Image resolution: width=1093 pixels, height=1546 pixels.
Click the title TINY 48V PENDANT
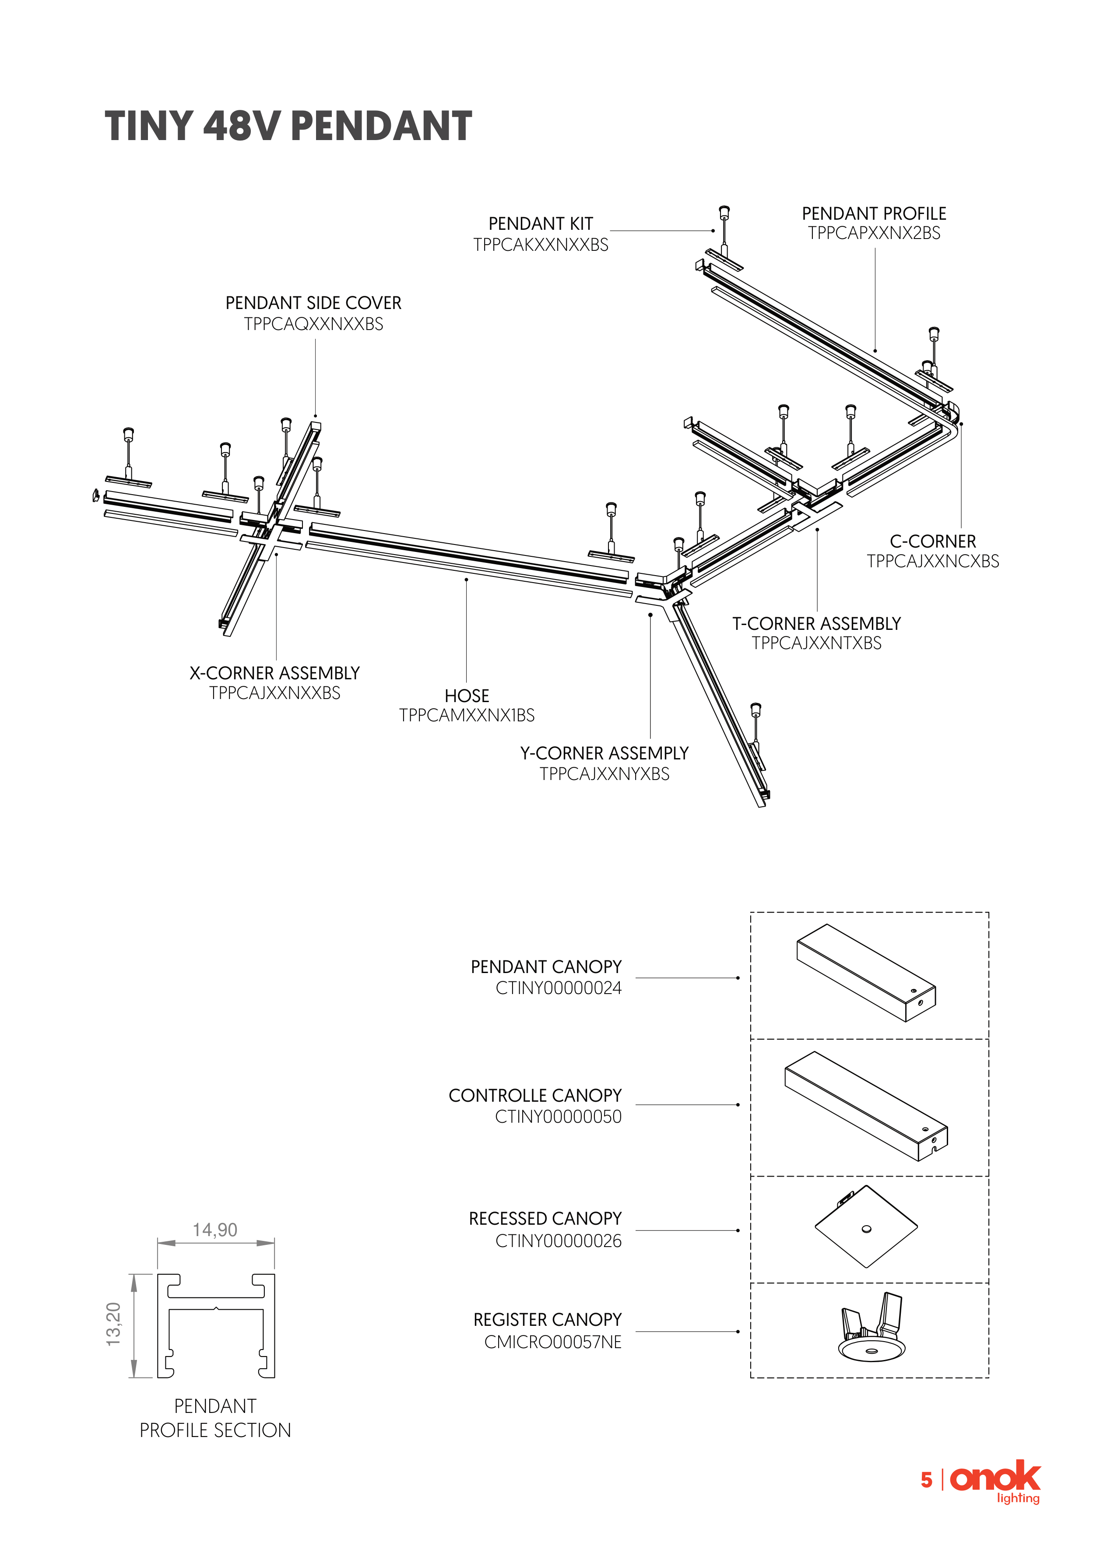click(x=288, y=126)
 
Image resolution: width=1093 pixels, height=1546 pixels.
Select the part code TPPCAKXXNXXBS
click(x=541, y=245)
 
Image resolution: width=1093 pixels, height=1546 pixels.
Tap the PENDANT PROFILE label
click(x=874, y=214)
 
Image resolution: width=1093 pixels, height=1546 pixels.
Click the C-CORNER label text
click(x=933, y=541)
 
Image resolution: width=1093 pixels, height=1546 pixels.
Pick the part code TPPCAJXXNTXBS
click(x=817, y=643)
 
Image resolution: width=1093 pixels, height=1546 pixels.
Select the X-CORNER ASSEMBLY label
click(x=275, y=673)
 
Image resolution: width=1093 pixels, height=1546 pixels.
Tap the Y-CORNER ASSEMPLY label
click(x=605, y=753)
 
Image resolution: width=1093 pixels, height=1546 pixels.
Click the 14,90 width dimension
click(x=215, y=1230)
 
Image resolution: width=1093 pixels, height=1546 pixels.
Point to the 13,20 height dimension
click(x=114, y=1325)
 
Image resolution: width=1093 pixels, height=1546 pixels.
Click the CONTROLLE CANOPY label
click(x=535, y=1096)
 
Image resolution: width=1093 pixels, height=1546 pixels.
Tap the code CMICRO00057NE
click(x=553, y=1342)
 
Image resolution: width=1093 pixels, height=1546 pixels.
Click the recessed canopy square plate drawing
click(x=866, y=1227)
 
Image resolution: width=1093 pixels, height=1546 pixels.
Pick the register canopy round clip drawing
click(x=872, y=1327)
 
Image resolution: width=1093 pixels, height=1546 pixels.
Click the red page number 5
click(x=927, y=1480)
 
